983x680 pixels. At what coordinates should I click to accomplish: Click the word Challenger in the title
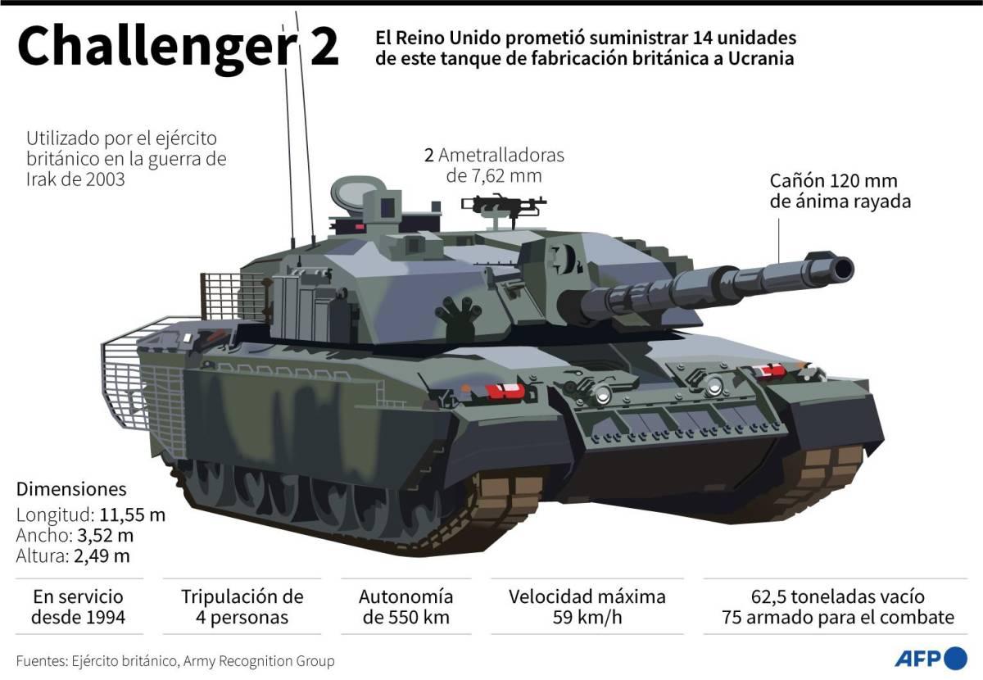click(155, 48)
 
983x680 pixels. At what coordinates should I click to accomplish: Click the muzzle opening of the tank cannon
click(841, 268)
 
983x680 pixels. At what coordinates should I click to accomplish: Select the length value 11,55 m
click(133, 515)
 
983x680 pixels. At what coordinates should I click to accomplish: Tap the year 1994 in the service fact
click(104, 617)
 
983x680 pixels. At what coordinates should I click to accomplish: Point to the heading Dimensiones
click(71, 489)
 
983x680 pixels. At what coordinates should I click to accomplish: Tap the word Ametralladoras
click(501, 155)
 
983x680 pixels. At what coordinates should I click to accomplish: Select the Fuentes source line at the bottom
click(175, 660)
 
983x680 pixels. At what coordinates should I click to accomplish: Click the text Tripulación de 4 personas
click(242, 606)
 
